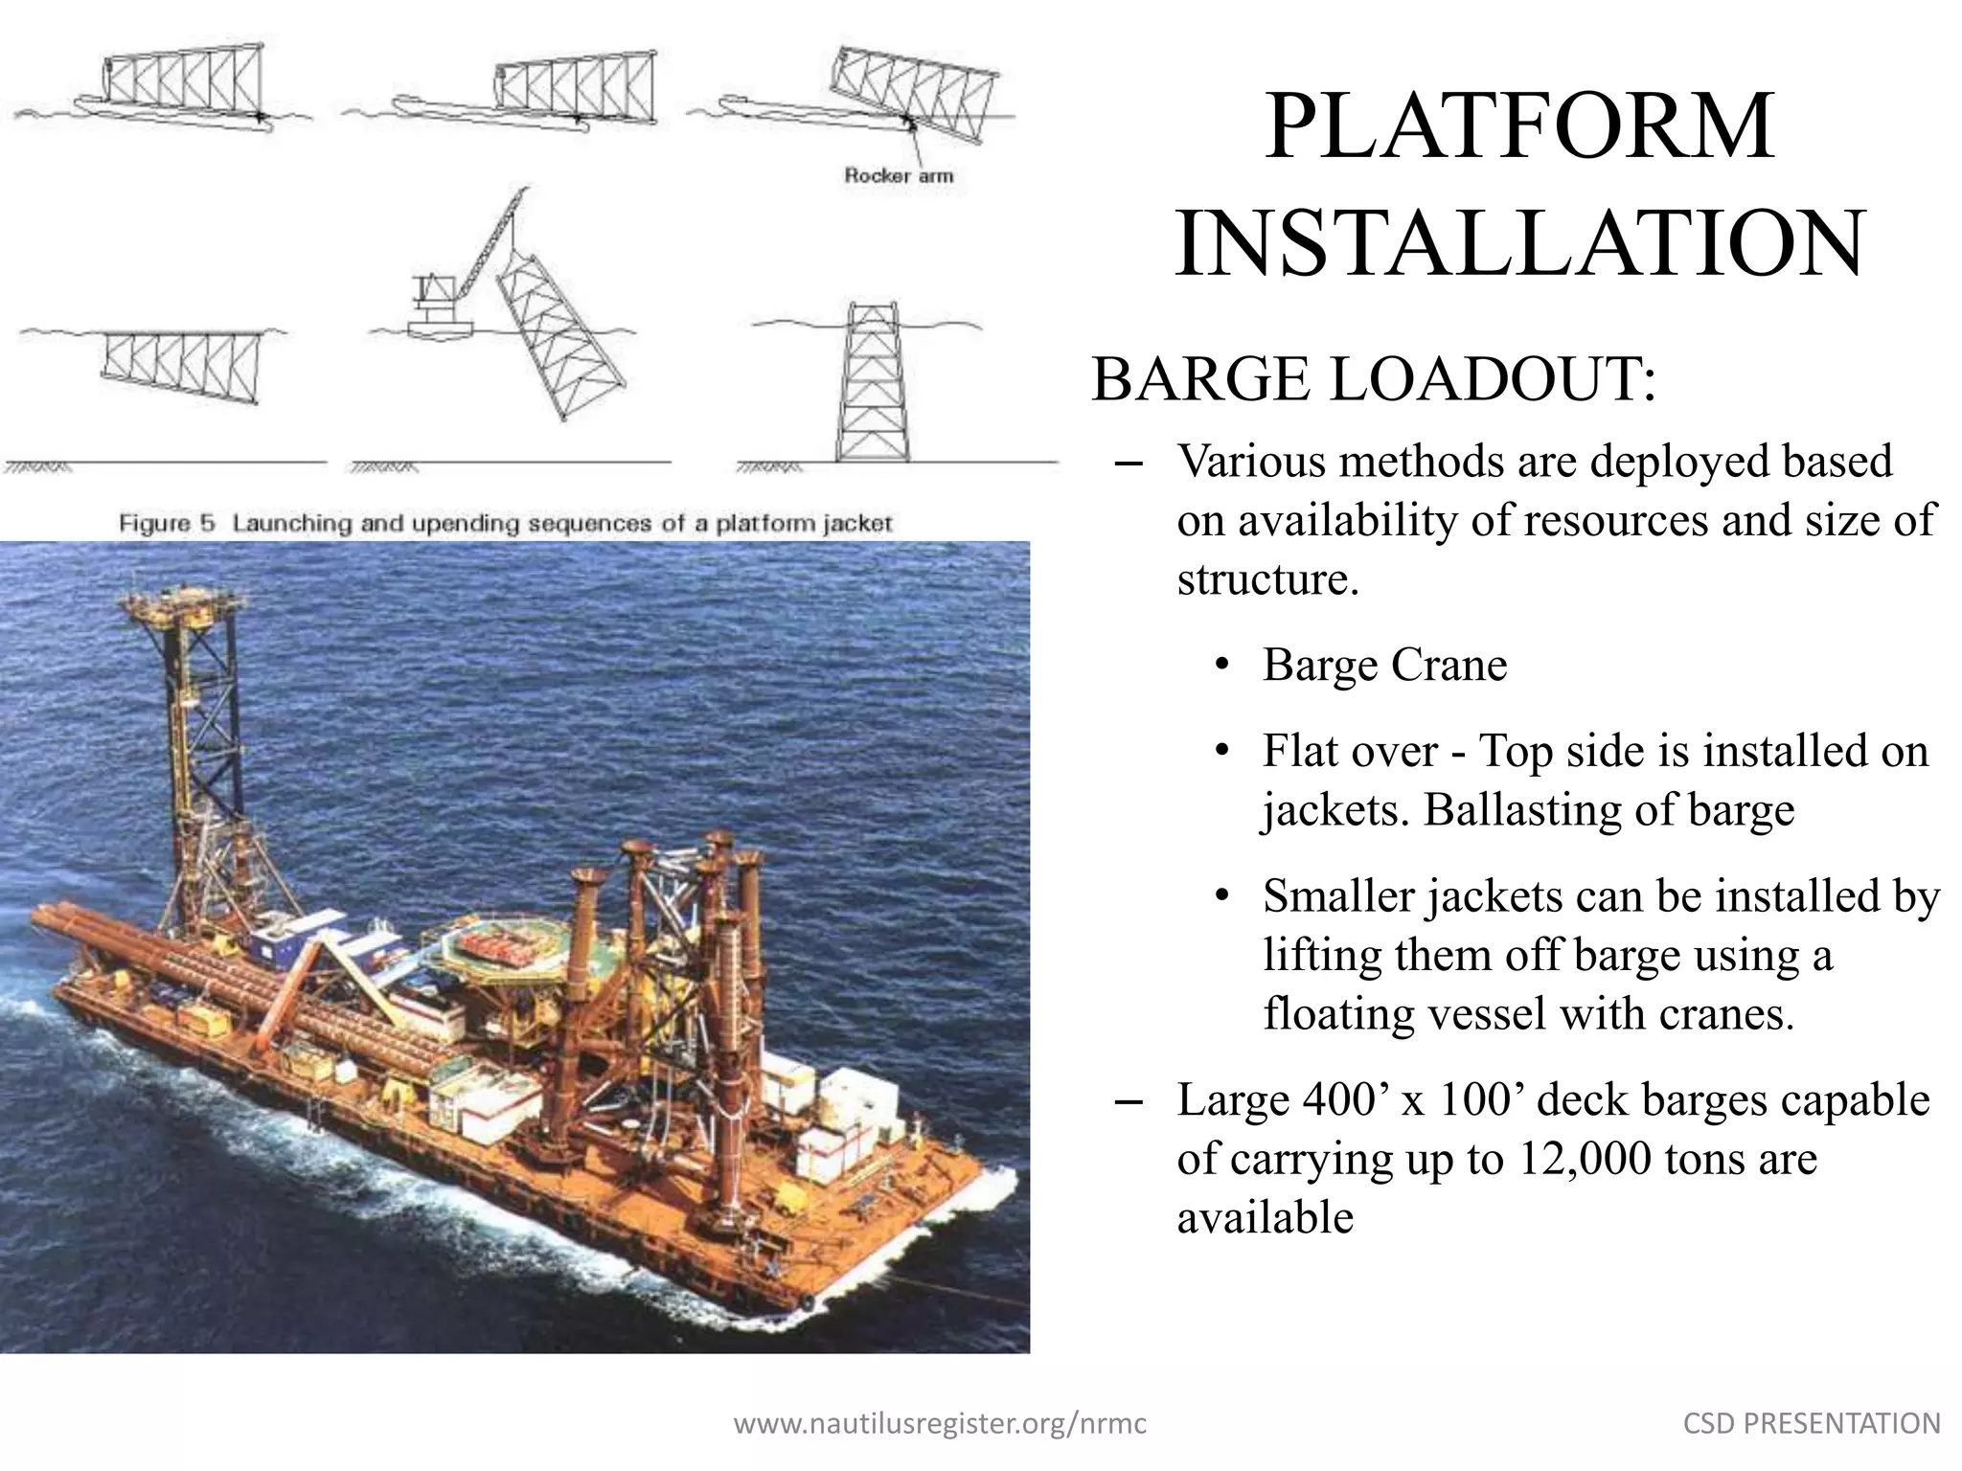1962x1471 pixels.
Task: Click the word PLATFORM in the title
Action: tap(1519, 126)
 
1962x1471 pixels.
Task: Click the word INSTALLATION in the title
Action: tap(1519, 243)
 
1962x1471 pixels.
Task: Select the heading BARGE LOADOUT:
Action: tap(1374, 379)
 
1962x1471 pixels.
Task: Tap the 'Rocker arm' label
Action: tap(898, 176)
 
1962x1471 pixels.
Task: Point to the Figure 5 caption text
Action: tap(505, 524)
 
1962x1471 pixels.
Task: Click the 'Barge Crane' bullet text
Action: tap(1384, 665)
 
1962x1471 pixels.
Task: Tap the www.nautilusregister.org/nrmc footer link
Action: tap(940, 1424)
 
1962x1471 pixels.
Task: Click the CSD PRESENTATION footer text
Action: tap(1812, 1424)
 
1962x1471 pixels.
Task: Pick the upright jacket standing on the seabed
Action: tap(871, 383)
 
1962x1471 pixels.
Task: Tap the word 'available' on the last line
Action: tap(1265, 1218)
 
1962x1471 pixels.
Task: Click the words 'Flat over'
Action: tap(1350, 751)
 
